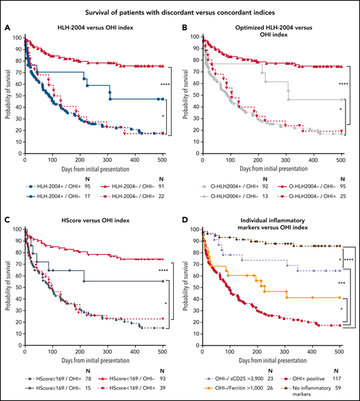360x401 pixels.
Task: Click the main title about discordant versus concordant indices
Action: pos(179,9)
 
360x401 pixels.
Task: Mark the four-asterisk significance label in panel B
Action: pos(352,84)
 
